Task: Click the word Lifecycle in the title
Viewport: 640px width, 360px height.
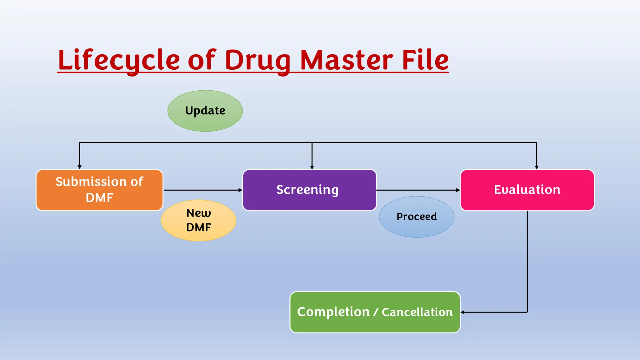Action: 119,60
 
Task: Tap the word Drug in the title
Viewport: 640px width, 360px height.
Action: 257,60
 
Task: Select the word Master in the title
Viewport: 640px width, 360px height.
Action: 346,60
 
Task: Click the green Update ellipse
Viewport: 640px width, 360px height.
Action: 205,111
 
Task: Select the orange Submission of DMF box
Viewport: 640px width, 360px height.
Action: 99,190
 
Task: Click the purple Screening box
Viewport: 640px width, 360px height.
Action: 309,190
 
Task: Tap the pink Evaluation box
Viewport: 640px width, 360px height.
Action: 527,190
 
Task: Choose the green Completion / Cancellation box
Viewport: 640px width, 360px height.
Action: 375,312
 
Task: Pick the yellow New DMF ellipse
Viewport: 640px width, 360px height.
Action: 198,220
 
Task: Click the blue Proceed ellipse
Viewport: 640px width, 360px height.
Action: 416,217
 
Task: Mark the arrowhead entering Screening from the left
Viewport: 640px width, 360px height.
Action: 240,190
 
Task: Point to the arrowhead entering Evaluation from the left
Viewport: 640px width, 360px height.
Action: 458,190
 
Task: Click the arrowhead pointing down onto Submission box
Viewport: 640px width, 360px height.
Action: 79,167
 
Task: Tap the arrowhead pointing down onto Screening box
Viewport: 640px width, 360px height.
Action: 312,167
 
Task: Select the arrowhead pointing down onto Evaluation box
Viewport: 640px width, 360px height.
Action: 537,167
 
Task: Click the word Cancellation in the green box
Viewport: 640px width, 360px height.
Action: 417,312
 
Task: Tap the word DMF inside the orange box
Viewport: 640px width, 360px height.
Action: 99,198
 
